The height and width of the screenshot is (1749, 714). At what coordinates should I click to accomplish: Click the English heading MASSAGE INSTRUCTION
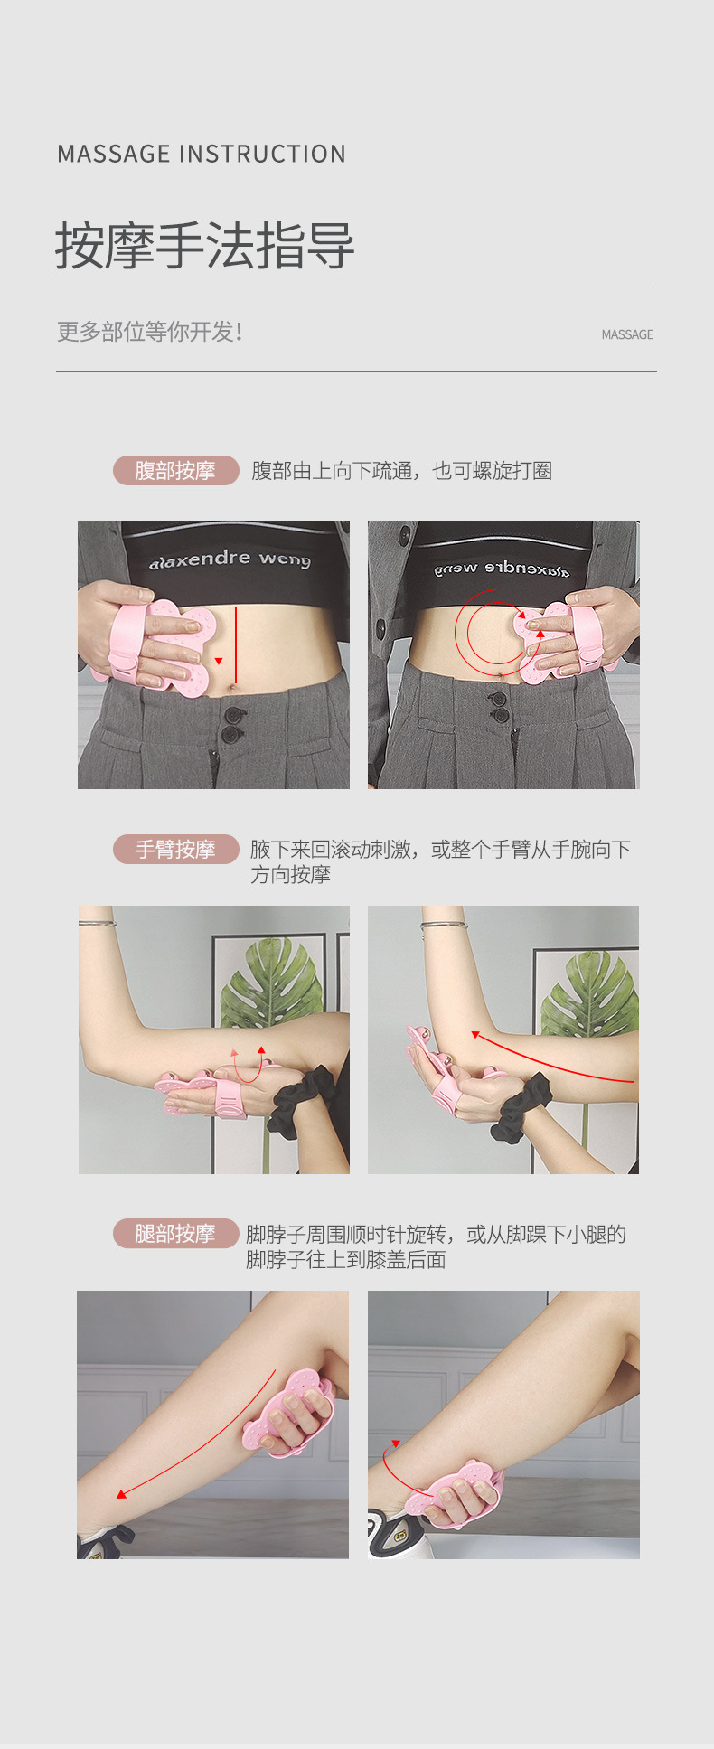click(x=201, y=155)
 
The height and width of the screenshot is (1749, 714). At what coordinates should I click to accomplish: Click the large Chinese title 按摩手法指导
click(x=204, y=246)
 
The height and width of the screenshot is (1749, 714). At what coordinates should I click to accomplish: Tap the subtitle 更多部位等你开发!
click(x=150, y=332)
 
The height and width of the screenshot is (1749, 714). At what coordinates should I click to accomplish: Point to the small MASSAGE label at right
click(x=626, y=334)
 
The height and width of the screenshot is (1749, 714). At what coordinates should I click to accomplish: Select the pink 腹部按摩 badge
click(x=175, y=471)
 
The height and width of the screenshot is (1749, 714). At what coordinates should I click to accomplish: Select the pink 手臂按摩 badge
click(x=175, y=850)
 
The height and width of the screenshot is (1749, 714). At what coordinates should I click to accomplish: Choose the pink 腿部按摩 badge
click(x=175, y=1234)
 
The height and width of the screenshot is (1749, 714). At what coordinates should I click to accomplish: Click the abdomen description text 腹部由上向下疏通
click(x=401, y=471)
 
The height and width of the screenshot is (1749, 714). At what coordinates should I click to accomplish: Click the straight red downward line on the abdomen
click(x=236, y=644)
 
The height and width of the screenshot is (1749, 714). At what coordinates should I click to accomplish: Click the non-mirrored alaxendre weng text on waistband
click(x=230, y=559)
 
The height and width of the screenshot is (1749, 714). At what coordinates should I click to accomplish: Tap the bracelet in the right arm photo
click(x=443, y=925)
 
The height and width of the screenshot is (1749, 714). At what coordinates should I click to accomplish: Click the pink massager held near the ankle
click(x=456, y=1497)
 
